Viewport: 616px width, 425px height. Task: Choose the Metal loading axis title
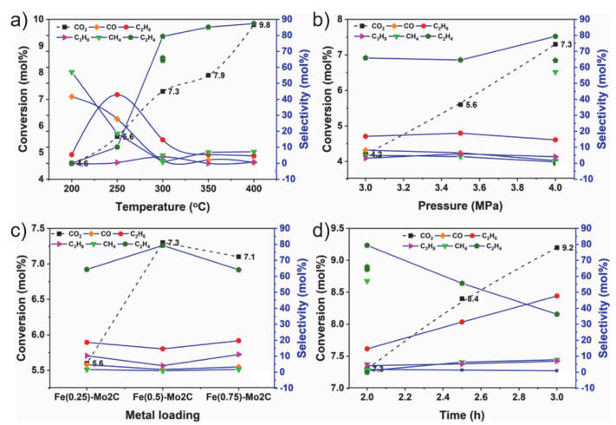point(163,415)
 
